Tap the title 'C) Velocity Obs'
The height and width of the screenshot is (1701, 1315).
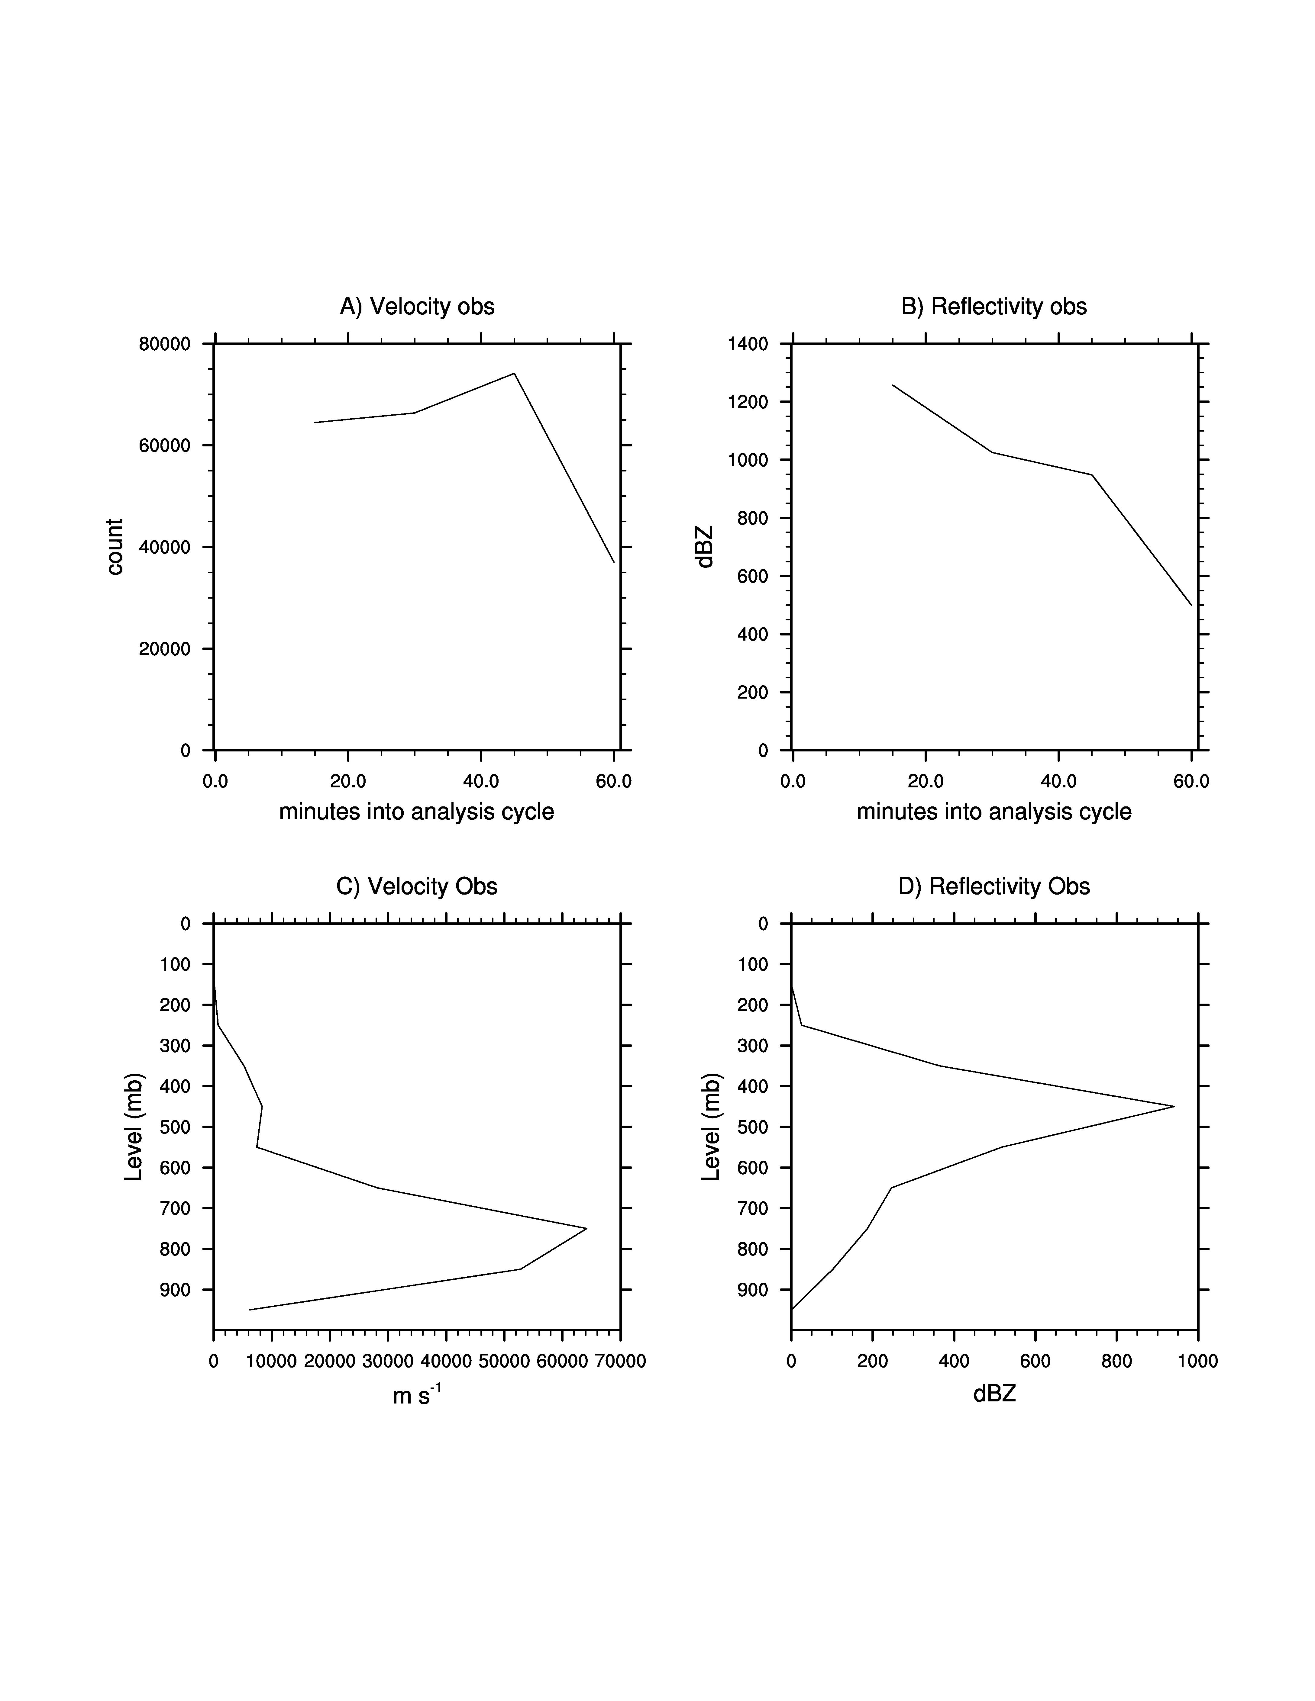(x=417, y=886)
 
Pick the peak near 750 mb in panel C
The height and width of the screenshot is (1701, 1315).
(x=586, y=1228)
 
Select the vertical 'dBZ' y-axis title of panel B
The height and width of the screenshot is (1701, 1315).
(x=705, y=547)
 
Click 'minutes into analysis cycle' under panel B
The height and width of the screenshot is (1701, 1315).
(x=994, y=812)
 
